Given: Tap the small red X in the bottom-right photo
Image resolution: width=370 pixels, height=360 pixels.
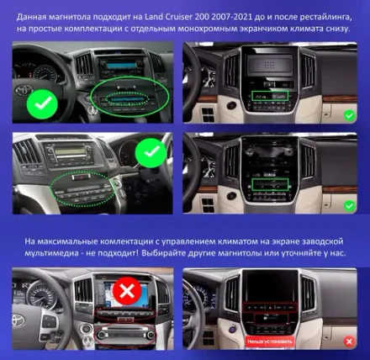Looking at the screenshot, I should coord(348,342).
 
